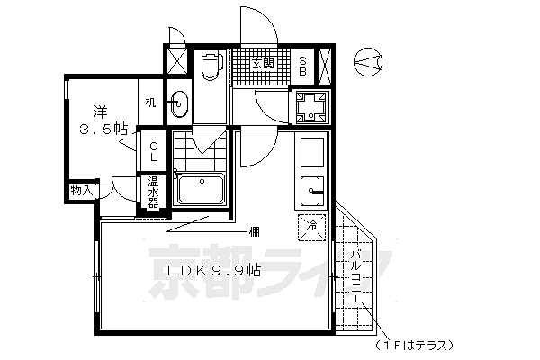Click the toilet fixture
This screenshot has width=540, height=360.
(211, 67)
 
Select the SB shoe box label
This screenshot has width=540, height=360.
(303, 64)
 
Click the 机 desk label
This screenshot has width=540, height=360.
(150, 103)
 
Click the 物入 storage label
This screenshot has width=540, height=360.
(81, 191)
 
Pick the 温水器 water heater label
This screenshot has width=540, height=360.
(153, 193)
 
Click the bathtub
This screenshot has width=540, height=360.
(202, 190)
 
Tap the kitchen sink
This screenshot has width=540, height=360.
(312, 189)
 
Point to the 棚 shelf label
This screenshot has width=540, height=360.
(256, 233)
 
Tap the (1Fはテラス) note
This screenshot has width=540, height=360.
(416, 345)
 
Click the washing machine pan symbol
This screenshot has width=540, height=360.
(310, 108)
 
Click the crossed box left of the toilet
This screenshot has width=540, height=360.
(175, 63)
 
